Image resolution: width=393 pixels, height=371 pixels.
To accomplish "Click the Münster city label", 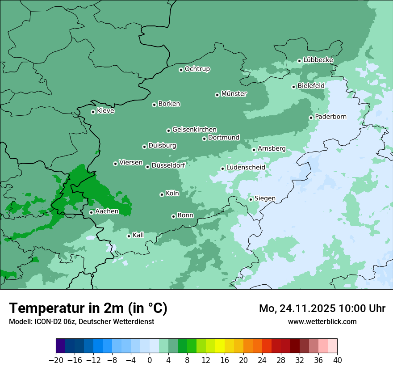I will pyautogui.click(x=234, y=94).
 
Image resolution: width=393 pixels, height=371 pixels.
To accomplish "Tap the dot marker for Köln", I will pyautogui.click(x=162, y=194).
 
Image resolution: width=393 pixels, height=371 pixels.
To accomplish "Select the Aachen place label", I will pyautogui.click(x=107, y=211).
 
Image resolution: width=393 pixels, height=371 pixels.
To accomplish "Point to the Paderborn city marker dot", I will pyautogui.click(x=311, y=118).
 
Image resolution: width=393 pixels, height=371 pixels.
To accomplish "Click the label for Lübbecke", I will pyautogui.click(x=318, y=60).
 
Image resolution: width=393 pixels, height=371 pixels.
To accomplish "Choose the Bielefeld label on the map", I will pyautogui.click(x=311, y=85).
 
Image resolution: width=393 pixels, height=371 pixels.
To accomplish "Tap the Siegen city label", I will pyautogui.click(x=265, y=198).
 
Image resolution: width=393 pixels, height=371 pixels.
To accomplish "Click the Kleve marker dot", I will pyautogui.click(x=93, y=112).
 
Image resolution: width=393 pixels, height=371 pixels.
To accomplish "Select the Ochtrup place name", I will pyautogui.click(x=197, y=69).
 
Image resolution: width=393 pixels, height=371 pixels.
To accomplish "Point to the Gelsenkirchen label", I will pyautogui.click(x=194, y=130).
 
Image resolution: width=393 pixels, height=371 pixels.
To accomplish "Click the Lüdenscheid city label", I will pyautogui.click(x=246, y=168).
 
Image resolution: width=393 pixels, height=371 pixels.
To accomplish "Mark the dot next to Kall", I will pyautogui.click(x=129, y=236).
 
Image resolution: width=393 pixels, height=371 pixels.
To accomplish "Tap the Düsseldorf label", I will pyautogui.click(x=168, y=165).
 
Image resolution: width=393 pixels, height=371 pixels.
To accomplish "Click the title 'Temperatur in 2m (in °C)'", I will pyautogui.click(x=88, y=308).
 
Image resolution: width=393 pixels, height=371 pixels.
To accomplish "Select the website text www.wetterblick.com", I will pyautogui.click(x=322, y=321).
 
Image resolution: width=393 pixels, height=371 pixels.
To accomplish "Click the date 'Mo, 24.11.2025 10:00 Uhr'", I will pyautogui.click(x=322, y=308).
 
